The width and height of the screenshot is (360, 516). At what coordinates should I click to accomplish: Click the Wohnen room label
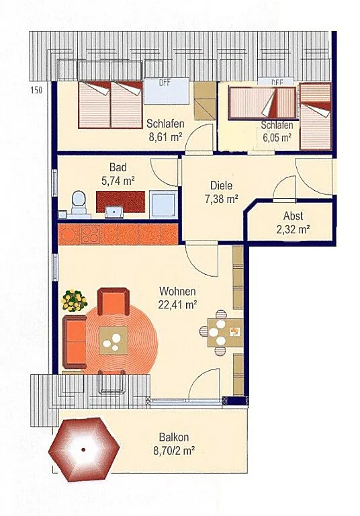click(x=177, y=292)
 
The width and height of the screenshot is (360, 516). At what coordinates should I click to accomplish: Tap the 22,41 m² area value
click(x=177, y=305)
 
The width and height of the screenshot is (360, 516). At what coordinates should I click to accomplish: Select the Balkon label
click(x=174, y=437)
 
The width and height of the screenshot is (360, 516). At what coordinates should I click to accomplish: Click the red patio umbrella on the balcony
click(x=84, y=449)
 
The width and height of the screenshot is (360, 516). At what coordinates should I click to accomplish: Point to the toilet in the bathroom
click(x=79, y=202)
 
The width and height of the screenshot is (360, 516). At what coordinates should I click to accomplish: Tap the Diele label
click(x=221, y=185)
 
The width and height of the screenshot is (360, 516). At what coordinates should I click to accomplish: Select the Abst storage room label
click(x=294, y=216)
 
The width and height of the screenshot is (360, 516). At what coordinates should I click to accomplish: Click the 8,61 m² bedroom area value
click(x=165, y=137)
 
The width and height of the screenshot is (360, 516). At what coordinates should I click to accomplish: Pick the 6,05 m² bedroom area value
click(x=277, y=137)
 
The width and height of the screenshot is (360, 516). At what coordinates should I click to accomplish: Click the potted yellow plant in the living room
click(x=75, y=300)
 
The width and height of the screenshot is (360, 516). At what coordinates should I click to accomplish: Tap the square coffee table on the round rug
click(x=114, y=340)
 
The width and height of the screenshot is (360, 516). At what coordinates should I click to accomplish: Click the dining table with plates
click(x=226, y=333)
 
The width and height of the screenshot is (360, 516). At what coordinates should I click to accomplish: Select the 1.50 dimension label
click(x=36, y=90)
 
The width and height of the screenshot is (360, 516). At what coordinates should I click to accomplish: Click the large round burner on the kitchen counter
click(x=69, y=234)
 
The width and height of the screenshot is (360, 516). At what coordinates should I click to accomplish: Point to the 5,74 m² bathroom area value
click(x=118, y=181)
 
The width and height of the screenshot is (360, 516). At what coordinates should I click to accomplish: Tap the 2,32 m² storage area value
click(x=294, y=230)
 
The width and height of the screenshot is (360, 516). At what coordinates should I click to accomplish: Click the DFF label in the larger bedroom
click(x=165, y=82)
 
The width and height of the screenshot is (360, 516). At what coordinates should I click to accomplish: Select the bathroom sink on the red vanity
click(x=114, y=212)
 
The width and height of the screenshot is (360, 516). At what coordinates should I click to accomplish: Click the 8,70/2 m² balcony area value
click(x=174, y=451)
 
